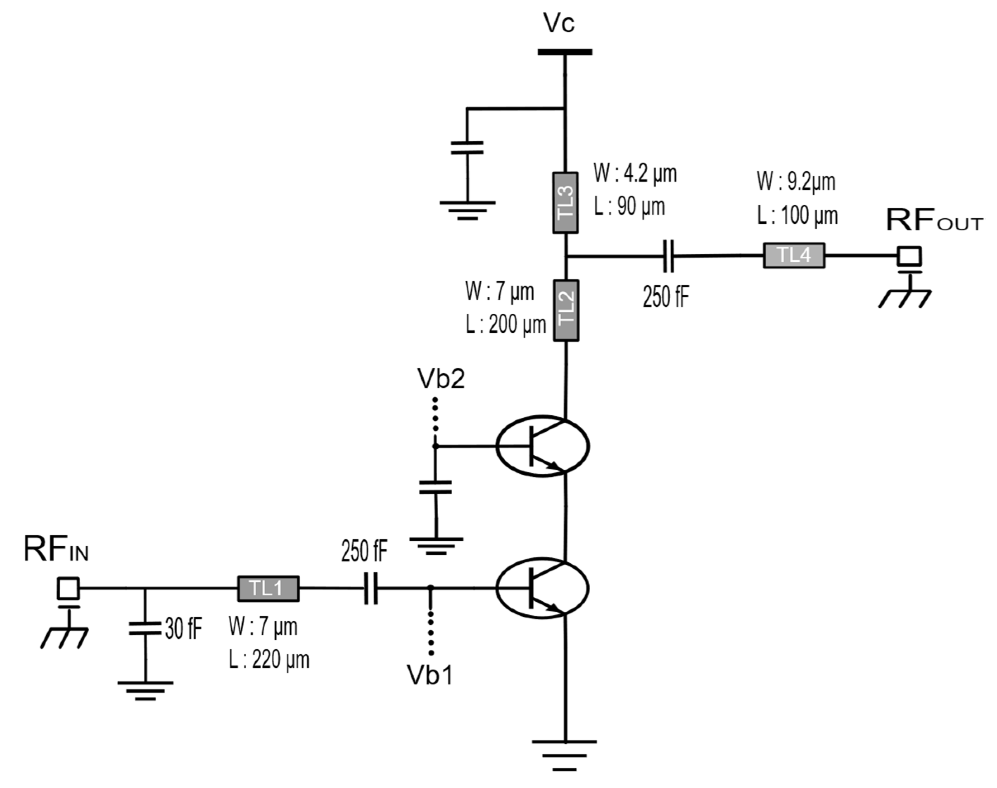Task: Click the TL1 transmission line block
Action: tap(268, 588)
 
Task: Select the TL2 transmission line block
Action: tap(566, 310)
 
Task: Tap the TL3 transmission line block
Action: tap(565, 203)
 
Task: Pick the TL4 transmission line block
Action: tap(793, 255)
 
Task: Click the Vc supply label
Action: tap(559, 23)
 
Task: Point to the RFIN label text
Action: tap(56, 550)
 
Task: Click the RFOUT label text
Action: tap(934, 220)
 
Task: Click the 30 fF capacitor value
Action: tap(183, 628)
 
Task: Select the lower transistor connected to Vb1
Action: tap(542, 588)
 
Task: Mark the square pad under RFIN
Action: tap(68, 588)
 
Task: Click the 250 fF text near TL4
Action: tap(666, 297)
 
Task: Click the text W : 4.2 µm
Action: tap(635, 173)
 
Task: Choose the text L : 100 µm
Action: tap(797, 215)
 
